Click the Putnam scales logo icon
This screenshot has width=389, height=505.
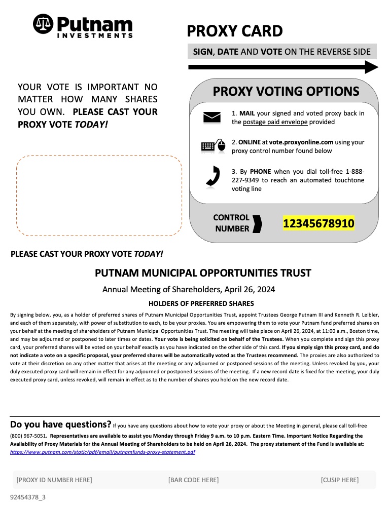[x=43, y=24]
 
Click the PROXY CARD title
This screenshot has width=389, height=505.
[x=234, y=31]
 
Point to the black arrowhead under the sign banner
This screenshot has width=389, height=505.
[x=372, y=67]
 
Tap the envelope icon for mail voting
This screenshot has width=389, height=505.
[x=211, y=118]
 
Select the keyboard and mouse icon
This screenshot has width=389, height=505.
[x=213, y=146]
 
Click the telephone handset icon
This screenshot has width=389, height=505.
[x=213, y=176]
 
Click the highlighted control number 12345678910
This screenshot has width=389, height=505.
[x=319, y=223]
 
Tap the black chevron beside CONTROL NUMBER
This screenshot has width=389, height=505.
[x=258, y=223]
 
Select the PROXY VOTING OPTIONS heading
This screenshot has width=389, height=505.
[x=286, y=92]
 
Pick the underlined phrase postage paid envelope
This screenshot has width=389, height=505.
[x=274, y=122]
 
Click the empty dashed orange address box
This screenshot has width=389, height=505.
[x=99, y=196]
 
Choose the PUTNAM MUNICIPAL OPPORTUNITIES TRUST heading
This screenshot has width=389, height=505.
[x=203, y=273]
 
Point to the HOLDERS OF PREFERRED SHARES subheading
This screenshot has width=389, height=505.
[x=201, y=303]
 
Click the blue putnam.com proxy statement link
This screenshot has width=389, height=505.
[x=102, y=452]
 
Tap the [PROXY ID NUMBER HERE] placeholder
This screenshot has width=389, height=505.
[x=54, y=480]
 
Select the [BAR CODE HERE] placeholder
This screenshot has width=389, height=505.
[x=193, y=480]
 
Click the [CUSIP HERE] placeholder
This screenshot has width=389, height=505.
[x=339, y=480]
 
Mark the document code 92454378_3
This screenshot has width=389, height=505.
[x=28, y=497]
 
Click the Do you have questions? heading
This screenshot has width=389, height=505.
[x=60, y=424]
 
